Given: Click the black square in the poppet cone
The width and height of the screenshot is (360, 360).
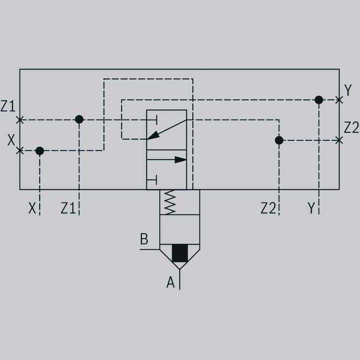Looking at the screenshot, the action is coord(180,253).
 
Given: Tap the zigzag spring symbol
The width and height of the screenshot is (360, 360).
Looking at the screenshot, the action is coord(170,202).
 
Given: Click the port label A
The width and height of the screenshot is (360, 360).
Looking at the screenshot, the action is coord(171,282).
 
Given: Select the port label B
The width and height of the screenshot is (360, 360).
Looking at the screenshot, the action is coord(144,239).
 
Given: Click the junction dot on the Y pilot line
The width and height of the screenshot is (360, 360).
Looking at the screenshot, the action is coord(319,100).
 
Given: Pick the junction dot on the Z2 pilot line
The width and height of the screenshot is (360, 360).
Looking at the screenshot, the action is coord(279,140).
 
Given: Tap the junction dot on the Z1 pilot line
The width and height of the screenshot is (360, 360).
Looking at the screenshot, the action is coord(79,119).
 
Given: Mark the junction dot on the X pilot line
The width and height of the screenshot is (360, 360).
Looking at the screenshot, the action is coord(40,151).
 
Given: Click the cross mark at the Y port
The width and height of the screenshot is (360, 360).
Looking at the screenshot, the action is coord(339,100).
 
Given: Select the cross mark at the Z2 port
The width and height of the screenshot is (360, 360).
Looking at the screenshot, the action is coord(339,140).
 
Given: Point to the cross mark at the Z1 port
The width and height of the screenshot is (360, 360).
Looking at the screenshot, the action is coord(20,120).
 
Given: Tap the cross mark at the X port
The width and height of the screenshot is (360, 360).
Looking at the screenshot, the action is coord(20,151).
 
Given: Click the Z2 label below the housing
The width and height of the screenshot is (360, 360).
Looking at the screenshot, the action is coord(268,208).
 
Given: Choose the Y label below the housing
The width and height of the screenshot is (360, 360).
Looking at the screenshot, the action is coord(311,208).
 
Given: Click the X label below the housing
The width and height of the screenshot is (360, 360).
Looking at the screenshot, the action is coord(32,208).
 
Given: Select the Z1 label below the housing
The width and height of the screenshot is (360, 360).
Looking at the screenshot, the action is coord(68,208).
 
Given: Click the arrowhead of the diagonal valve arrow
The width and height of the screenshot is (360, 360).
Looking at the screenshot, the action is coord(154,135).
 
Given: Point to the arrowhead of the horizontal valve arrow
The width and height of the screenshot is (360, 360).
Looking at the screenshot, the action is coord(180,160).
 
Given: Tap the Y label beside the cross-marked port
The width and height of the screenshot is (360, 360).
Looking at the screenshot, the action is coord(348,90).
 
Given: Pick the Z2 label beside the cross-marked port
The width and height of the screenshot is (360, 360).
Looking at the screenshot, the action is coord(351,128).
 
